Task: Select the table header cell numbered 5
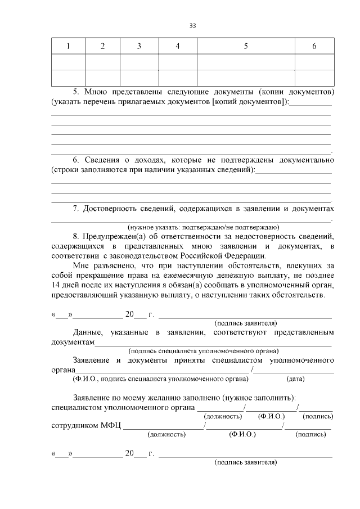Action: (x=246, y=46)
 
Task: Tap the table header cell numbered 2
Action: (x=102, y=46)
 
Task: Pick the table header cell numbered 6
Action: (x=314, y=46)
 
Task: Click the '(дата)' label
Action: (x=296, y=379)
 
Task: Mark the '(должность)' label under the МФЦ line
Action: (x=166, y=435)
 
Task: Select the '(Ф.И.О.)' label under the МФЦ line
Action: (x=243, y=435)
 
